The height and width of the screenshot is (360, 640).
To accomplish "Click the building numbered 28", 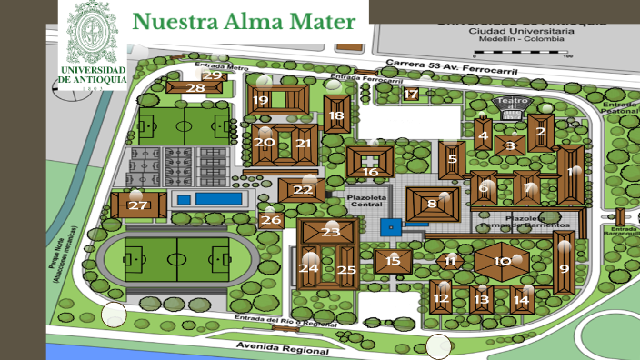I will (x=195, y=87).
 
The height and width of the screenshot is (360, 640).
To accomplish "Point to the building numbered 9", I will (x=564, y=266).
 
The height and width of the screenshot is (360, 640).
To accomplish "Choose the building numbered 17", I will (x=411, y=94).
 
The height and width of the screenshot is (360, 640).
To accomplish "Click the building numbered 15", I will (x=393, y=261).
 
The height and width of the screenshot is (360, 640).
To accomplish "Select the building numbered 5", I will (x=452, y=159).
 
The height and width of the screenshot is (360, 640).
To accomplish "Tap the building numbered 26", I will (x=271, y=219).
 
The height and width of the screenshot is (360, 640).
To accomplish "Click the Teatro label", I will (x=513, y=102).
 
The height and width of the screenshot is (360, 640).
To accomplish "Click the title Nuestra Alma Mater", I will (x=243, y=21).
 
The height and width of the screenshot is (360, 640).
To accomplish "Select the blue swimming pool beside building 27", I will (x=210, y=198).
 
